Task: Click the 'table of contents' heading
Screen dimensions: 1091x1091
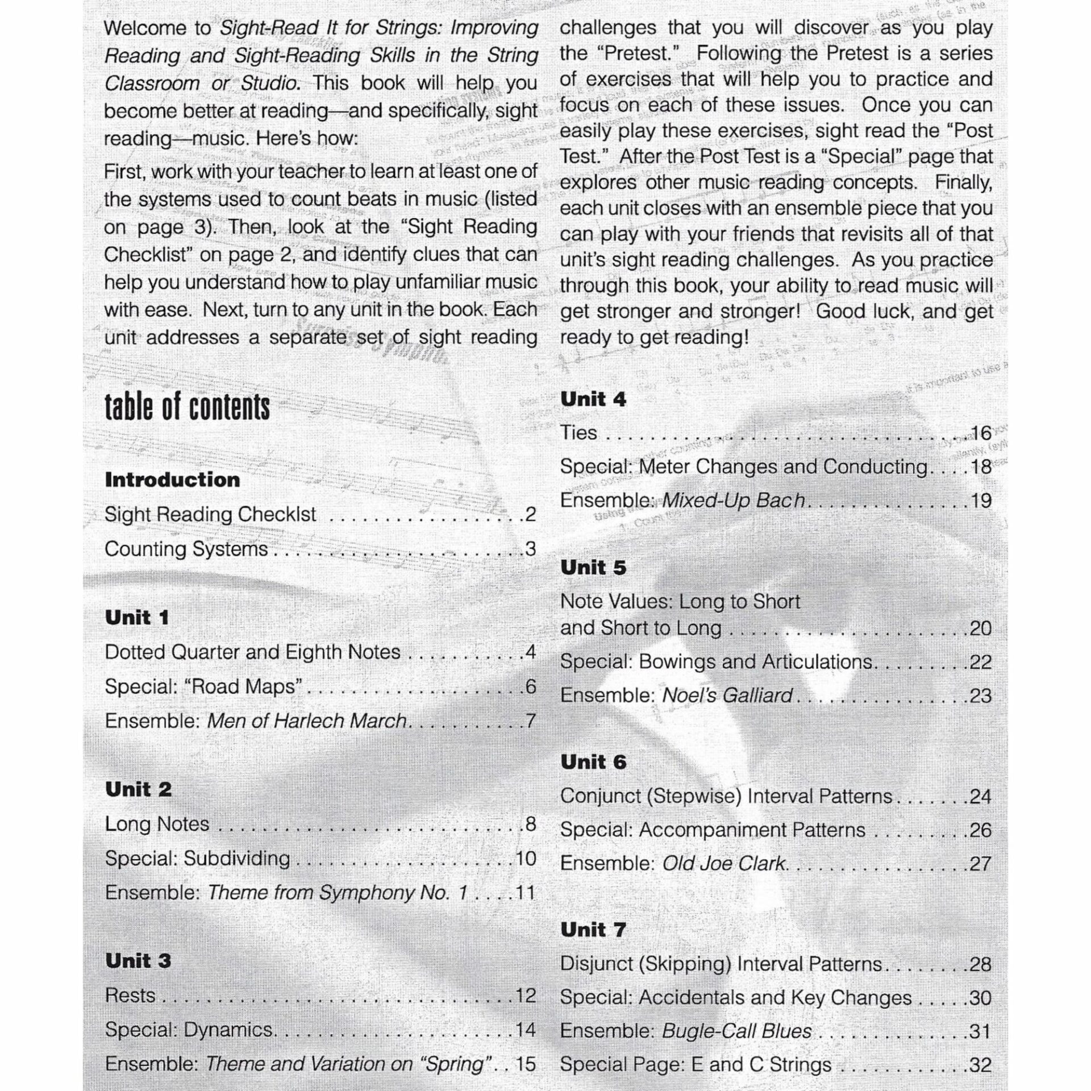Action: (187, 407)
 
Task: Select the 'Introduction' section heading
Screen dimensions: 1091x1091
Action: (172, 480)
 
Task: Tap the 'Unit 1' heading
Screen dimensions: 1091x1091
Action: (137, 618)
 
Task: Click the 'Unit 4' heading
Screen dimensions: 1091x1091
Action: (593, 399)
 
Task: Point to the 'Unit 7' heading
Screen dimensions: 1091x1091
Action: (593, 930)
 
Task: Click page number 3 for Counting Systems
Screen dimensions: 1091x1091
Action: (530, 549)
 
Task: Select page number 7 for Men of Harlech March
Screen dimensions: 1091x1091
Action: (530, 721)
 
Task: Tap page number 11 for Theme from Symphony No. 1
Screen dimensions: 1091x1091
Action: (525, 892)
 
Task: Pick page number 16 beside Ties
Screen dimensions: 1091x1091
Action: (981, 433)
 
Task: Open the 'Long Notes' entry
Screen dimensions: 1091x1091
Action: (157, 824)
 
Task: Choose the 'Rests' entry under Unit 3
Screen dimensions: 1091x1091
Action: (130, 996)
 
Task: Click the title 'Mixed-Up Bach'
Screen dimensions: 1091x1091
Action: (733, 501)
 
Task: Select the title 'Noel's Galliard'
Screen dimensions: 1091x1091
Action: (727, 695)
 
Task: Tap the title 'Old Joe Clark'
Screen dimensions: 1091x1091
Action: (724, 864)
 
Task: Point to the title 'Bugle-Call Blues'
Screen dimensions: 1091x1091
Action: (737, 1031)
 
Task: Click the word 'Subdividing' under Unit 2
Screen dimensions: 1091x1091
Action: (237, 858)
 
